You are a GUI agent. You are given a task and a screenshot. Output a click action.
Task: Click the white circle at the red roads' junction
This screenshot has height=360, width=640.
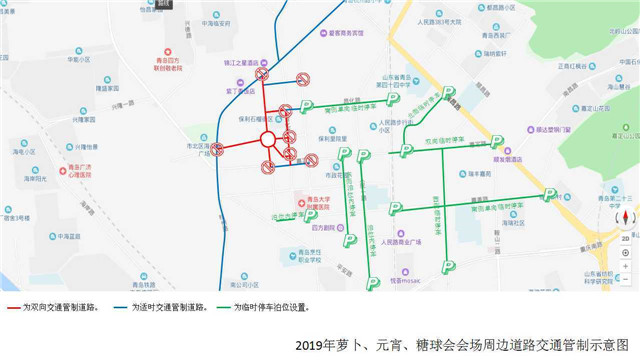click(267, 139)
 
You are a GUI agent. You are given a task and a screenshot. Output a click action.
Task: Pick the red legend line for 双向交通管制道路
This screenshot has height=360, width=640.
click(17, 308)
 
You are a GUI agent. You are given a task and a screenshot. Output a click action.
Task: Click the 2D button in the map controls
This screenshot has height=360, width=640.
click(625, 240)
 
